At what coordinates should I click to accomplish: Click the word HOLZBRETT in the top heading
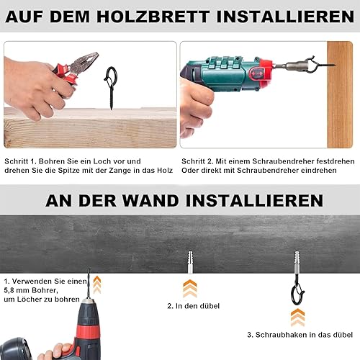click(153, 17)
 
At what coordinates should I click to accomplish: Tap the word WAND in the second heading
click(150, 201)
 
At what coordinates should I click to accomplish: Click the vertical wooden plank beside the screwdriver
click(340, 94)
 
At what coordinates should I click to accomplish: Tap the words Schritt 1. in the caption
click(20, 161)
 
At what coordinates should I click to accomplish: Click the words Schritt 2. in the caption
click(197, 161)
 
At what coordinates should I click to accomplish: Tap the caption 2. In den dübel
click(194, 306)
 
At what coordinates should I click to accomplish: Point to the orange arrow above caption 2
click(190, 288)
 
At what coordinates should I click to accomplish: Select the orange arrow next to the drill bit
click(97, 284)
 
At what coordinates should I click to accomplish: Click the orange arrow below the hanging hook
click(297, 318)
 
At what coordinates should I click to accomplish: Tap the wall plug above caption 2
click(190, 262)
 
